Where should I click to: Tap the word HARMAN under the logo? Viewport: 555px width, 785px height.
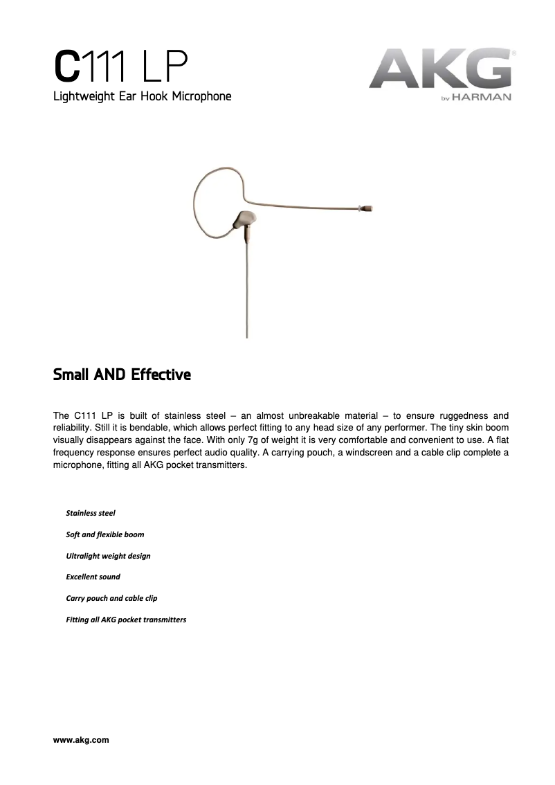[x=483, y=98]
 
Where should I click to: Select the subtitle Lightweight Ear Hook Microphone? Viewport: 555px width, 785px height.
[x=142, y=96]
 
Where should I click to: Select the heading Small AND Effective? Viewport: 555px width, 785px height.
[x=122, y=375]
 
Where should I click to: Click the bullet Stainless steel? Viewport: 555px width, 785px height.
[x=90, y=513]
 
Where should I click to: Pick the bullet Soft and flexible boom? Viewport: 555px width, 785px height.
[x=104, y=534]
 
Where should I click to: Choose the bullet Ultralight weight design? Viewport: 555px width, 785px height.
[x=107, y=556]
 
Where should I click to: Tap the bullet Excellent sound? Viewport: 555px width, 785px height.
[x=93, y=577]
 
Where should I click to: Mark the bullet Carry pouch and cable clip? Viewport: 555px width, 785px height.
[x=111, y=598]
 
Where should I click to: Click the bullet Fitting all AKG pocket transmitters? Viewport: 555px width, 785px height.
[x=125, y=620]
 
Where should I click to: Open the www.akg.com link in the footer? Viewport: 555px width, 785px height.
[x=81, y=740]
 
